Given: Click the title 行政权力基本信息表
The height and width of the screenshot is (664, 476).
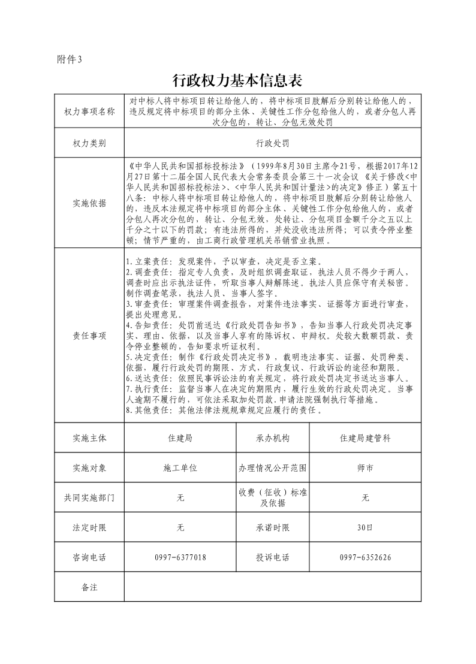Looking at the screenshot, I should (238, 80).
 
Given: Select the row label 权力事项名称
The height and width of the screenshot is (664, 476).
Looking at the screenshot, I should (89, 112).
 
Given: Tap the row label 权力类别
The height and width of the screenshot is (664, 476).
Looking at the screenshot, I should (89, 144).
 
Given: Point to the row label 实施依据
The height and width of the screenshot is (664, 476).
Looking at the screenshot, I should (89, 203).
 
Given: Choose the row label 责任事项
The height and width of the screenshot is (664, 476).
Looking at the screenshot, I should (89, 336).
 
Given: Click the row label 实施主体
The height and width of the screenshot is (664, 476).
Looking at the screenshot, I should (89, 438).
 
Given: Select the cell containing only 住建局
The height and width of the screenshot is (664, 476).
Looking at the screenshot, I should (180, 438).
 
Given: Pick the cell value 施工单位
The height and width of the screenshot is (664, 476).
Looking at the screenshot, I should (180, 467).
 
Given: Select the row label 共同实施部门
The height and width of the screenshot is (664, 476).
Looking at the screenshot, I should (89, 497).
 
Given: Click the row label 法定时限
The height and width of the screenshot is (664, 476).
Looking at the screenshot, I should (89, 527).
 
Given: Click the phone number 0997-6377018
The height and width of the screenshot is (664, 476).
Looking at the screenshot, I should (180, 557).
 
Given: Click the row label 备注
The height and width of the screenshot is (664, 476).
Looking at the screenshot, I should (89, 587).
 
